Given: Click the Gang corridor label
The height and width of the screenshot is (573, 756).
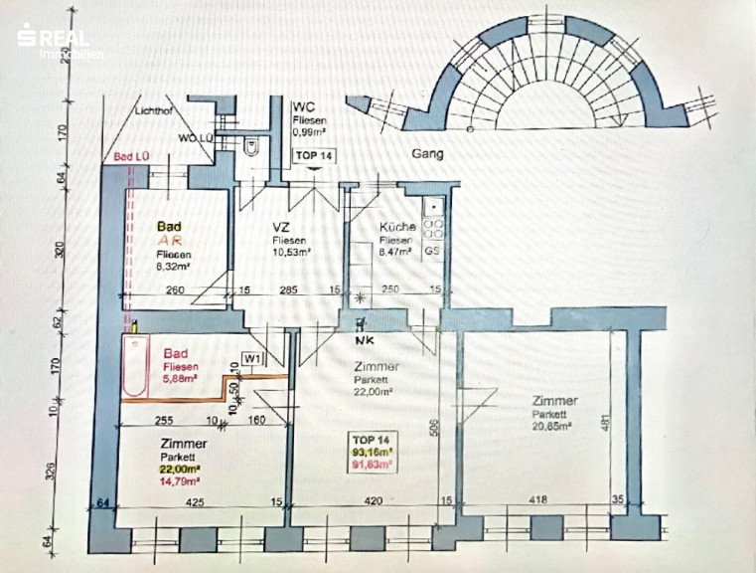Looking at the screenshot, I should point(427,155).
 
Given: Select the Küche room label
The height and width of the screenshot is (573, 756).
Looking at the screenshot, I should point(397,227).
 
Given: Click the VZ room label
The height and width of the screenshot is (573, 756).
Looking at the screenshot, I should point(281,227).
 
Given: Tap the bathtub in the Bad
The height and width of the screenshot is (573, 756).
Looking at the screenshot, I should point(136,364).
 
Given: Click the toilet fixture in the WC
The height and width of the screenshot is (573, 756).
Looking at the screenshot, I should point(253,147).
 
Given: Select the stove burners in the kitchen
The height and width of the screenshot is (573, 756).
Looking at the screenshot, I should point(433,226).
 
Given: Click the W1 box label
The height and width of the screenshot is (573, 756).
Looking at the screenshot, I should point(252,359).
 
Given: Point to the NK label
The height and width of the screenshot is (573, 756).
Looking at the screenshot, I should point(361,339).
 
